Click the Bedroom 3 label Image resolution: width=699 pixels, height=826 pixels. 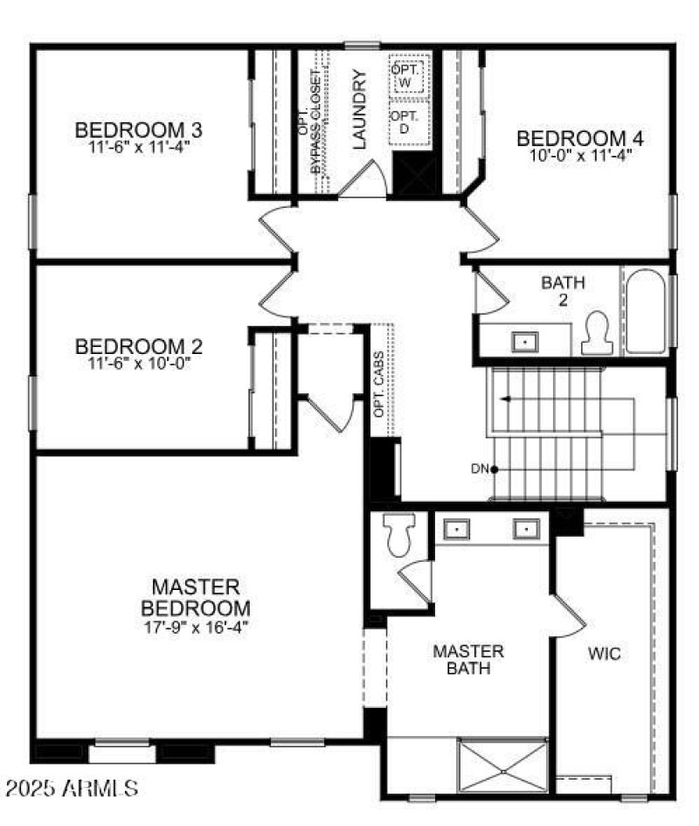tap(139, 130)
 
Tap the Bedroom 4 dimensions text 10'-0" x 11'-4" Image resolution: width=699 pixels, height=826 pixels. tap(580, 156)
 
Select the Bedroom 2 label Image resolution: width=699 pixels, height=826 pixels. tap(139, 345)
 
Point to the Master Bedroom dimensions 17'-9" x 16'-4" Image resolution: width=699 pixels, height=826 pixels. tap(196, 627)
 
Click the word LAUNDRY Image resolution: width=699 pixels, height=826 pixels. tap(359, 109)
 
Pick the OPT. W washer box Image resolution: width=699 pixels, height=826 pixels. tap(406, 74)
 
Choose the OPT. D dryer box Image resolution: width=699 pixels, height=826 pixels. tap(406, 122)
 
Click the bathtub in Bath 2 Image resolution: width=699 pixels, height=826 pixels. tap(647, 310)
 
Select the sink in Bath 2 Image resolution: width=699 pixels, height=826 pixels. tap(524, 341)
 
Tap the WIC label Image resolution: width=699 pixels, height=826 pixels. tap(605, 654)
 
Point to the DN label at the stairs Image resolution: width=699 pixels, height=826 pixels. tap(479, 469)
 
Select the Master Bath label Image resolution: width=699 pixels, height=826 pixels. tap(468, 660)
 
